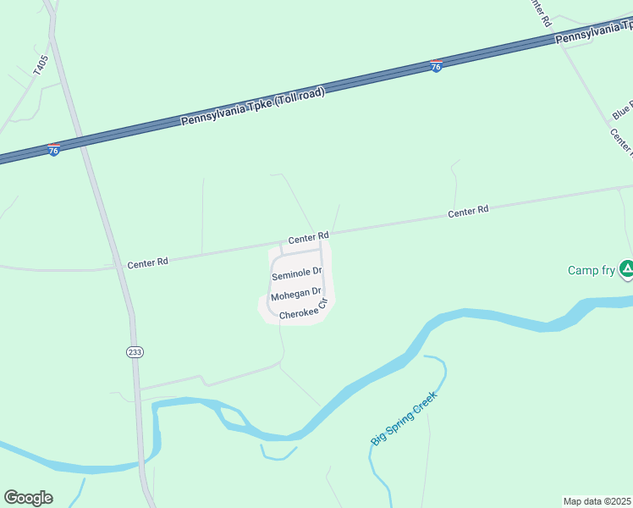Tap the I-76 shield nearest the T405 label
tap(53, 149)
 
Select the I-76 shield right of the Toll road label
tap(436, 66)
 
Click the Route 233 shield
tap(135, 352)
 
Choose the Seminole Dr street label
tap(297, 273)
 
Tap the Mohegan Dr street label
tap(295, 295)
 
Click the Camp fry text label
tap(592, 270)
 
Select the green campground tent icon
tap(626, 269)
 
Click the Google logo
tap(28, 498)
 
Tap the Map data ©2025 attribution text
tap(597, 501)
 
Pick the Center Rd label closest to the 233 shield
tap(147, 262)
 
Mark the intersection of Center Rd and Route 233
tap(117, 265)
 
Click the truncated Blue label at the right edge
tap(622, 110)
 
